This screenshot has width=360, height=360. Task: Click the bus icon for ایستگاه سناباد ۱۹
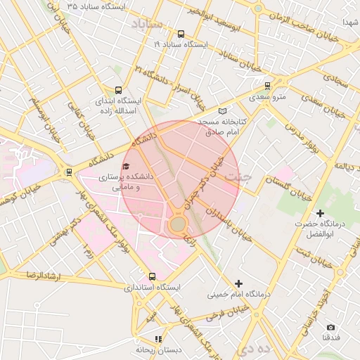pyautogui.click(x=181, y=34)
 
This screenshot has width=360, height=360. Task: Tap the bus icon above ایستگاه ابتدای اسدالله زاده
pyautogui.click(x=118, y=90)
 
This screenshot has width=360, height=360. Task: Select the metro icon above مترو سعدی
pyautogui.click(x=267, y=86)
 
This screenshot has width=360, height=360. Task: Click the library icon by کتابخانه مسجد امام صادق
pyautogui.click(x=223, y=111)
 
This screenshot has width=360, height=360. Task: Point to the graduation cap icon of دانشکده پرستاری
pyautogui.click(x=126, y=167)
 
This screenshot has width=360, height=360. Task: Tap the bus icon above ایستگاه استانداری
pyautogui.click(x=153, y=276)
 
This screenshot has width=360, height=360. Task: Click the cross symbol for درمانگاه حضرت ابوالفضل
pyautogui.click(x=321, y=212)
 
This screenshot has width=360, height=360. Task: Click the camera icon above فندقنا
pyautogui.click(x=331, y=328)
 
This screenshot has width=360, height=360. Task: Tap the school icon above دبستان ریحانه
pyautogui.click(x=158, y=339)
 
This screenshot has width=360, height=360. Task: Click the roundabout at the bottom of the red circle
pyautogui.click(x=177, y=225)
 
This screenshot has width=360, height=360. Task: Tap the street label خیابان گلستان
pyautogui.click(x=287, y=183)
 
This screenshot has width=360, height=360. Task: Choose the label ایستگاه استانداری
pyautogui.click(x=153, y=288)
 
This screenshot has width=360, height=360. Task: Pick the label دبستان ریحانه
pyautogui.click(x=158, y=349)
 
